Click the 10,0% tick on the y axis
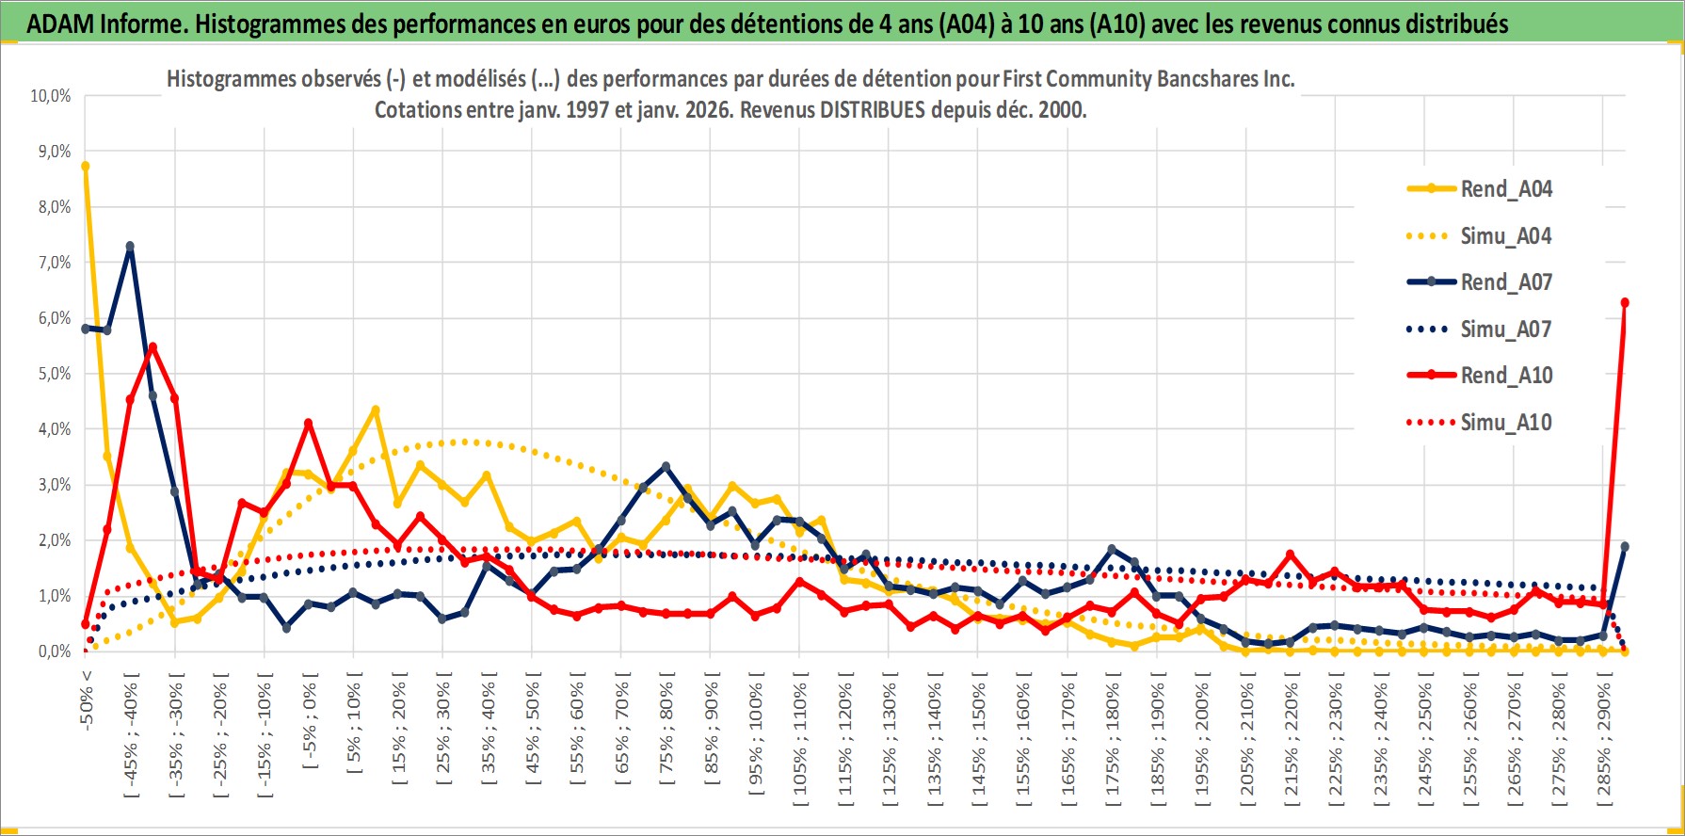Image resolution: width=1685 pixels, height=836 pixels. point(51,96)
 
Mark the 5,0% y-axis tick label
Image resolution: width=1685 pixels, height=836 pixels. point(54,374)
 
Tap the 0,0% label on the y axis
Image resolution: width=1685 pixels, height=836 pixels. point(54,651)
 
